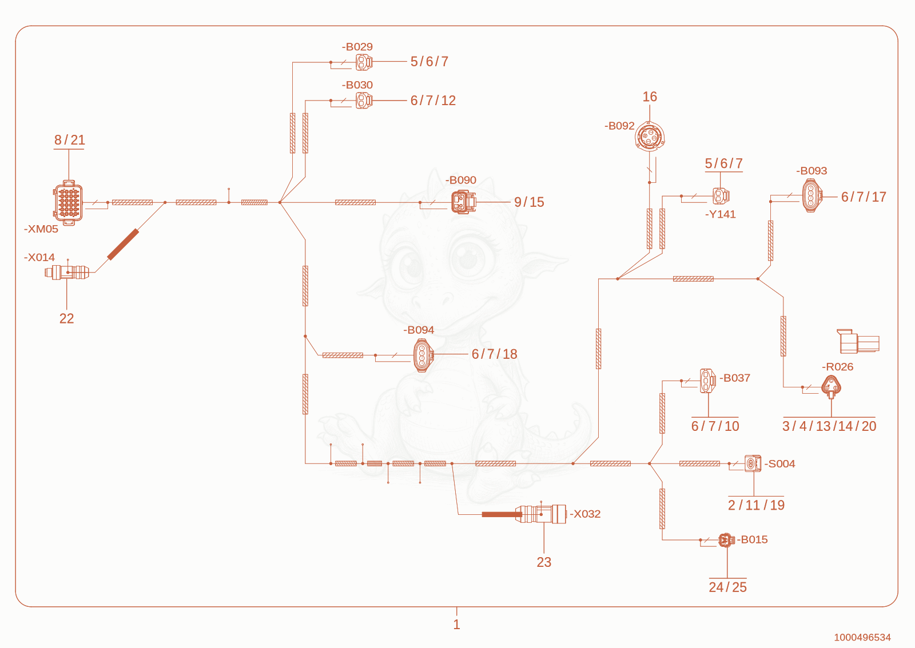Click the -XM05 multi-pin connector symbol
tap(68, 203)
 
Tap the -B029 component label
tap(357, 47)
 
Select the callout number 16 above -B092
tap(650, 97)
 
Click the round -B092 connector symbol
tap(650, 137)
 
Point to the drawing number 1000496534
tap(862, 637)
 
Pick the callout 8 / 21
tap(69, 140)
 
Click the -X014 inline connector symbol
tap(67, 272)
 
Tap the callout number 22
tap(66, 318)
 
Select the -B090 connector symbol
tap(464, 202)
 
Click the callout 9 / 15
tap(529, 202)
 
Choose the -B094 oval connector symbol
tap(423, 355)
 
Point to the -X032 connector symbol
tap(541, 514)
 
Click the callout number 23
tap(544, 562)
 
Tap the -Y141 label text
tap(720, 215)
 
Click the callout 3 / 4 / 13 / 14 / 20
tap(829, 426)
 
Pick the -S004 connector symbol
tap(753, 463)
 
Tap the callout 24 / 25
tap(727, 587)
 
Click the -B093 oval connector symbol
tap(812, 196)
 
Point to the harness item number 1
tap(457, 625)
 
